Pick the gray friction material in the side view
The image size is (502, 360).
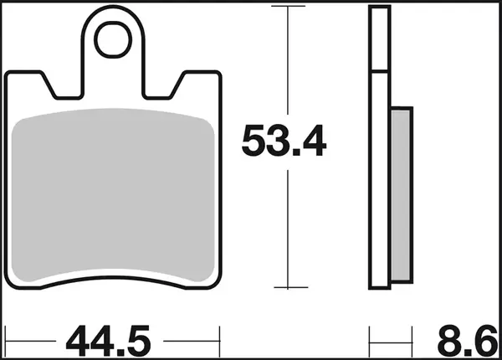pos(402,193)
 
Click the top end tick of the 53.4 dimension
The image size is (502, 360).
pos(288,7)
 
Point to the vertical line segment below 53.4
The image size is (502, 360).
pos(288,226)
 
